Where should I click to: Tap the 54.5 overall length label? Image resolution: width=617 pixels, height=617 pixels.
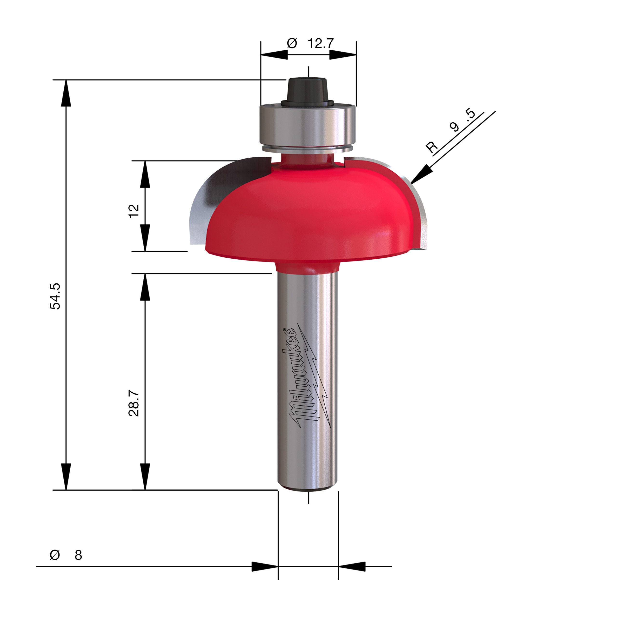click(x=55, y=296)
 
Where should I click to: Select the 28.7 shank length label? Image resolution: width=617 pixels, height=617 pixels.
click(x=134, y=403)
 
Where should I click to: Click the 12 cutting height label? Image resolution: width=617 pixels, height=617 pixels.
click(x=134, y=211)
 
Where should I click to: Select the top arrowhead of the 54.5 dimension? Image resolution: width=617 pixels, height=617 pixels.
click(x=66, y=93)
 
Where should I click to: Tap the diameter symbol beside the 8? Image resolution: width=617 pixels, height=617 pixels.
click(x=55, y=555)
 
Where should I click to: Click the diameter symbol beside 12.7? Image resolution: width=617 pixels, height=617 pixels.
click(x=292, y=43)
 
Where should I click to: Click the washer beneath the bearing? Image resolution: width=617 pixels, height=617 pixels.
click(x=307, y=148)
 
